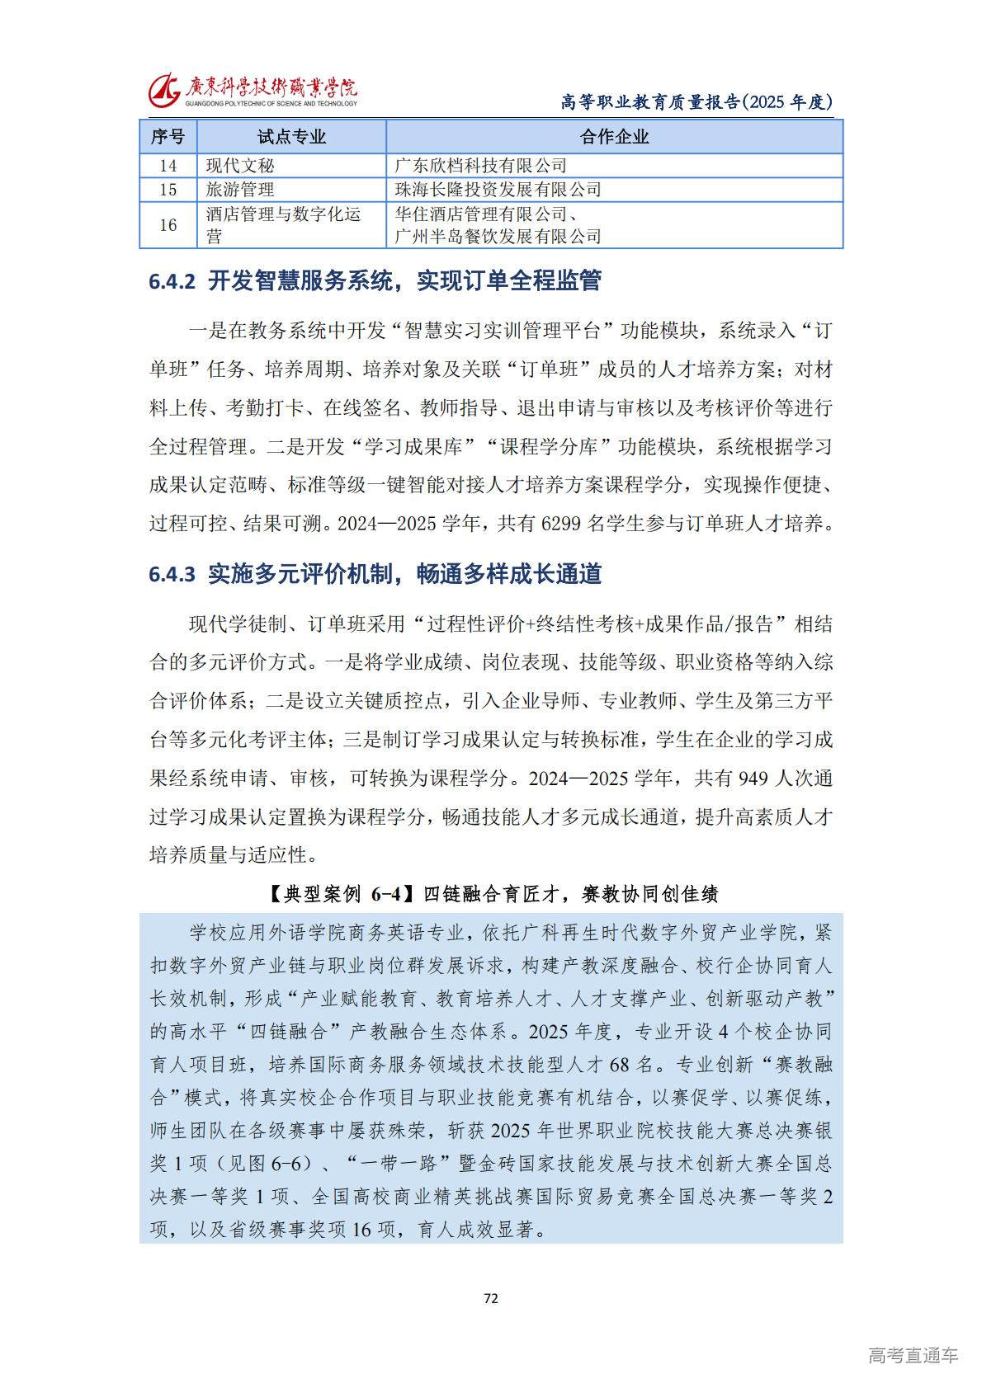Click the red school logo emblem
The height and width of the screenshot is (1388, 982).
click(x=164, y=89)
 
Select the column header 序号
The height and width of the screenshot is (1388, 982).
click(x=168, y=137)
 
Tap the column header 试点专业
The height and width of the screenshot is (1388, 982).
click(x=291, y=137)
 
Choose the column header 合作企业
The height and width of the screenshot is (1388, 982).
click(x=614, y=137)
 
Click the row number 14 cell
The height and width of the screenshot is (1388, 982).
click(x=168, y=166)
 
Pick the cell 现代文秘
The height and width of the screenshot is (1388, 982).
click(x=240, y=166)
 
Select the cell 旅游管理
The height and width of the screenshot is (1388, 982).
click(x=240, y=190)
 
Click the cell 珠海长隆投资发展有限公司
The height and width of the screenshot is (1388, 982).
click(x=498, y=190)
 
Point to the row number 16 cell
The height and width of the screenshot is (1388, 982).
click(x=168, y=225)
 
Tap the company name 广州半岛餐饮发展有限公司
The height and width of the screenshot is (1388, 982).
click(x=498, y=238)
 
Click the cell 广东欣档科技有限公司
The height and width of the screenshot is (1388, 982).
click(x=480, y=166)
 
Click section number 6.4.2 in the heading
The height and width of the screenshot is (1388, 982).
click(x=172, y=282)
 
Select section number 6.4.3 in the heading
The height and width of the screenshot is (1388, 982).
click(x=172, y=575)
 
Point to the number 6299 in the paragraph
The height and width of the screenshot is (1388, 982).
click(x=562, y=524)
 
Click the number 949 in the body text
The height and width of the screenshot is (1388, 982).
click(x=753, y=779)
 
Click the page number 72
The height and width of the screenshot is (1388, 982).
click(x=491, y=1299)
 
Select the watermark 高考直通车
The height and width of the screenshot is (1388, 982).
click(x=913, y=1355)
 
